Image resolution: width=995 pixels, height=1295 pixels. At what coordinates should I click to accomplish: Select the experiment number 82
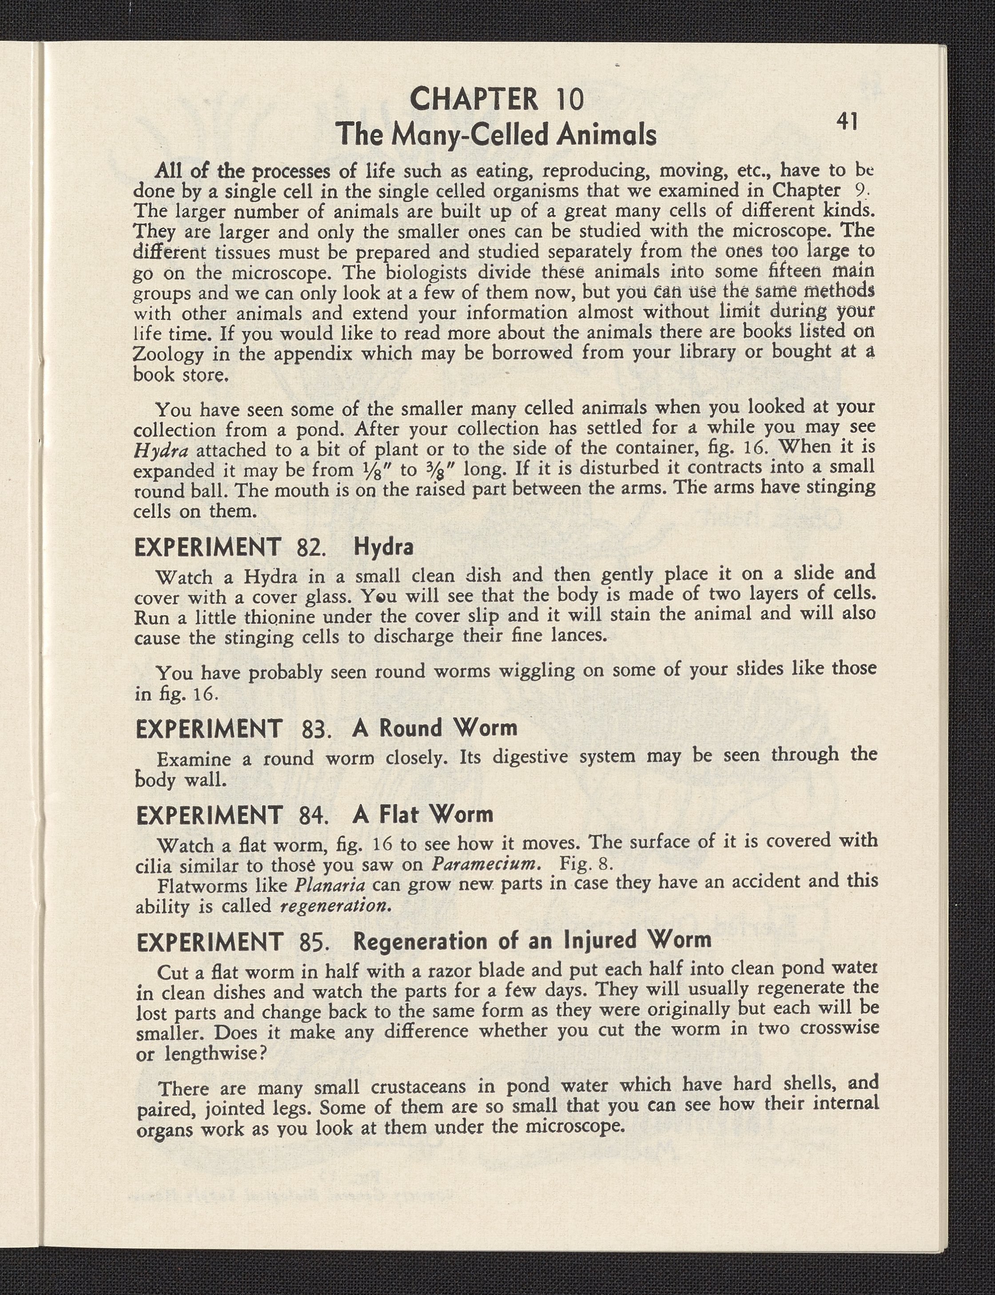(310, 547)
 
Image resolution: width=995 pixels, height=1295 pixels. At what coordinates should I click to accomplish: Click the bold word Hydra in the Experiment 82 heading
(383, 546)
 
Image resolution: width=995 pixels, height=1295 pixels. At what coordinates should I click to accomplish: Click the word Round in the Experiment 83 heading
(410, 728)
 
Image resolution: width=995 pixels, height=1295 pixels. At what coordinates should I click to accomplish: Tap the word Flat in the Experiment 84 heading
(398, 815)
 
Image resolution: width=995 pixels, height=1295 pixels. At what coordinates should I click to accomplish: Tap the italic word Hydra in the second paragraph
(161, 451)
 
